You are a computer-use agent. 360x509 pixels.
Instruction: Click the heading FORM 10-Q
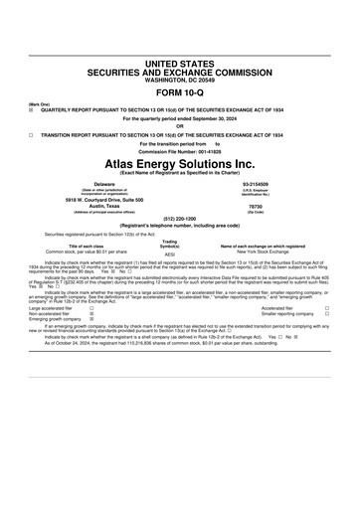(179, 92)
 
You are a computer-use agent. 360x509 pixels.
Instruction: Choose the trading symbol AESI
(170, 254)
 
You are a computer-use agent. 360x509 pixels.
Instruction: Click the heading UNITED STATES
(179, 64)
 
